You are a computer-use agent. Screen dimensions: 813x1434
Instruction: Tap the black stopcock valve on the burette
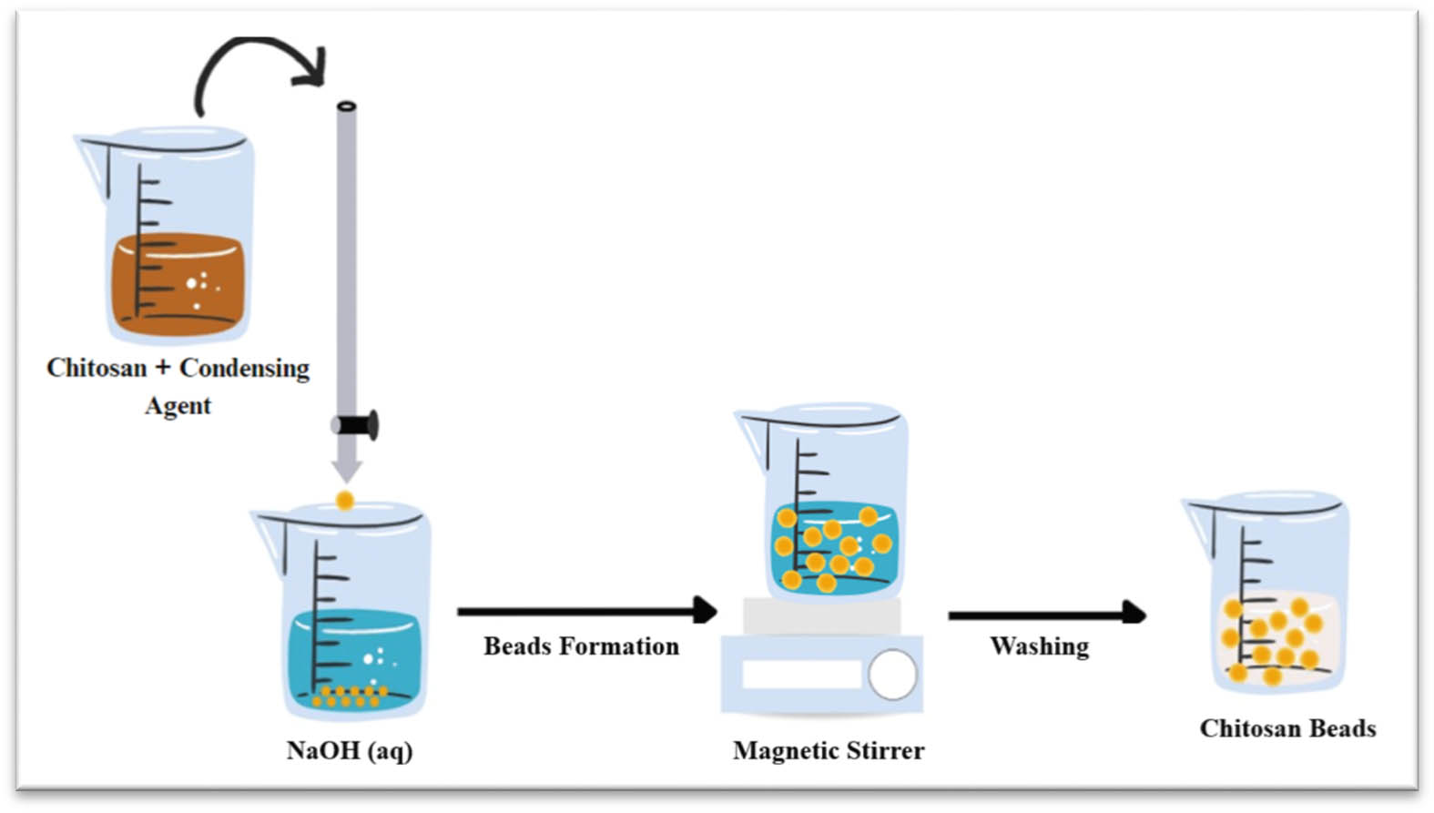click(x=357, y=425)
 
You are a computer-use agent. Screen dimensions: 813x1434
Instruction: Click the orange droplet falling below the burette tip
click(x=344, y=500)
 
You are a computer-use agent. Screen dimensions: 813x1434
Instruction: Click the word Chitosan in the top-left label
click(x=97, y=368)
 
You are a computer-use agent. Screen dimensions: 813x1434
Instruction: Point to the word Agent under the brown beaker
click(x=178, y=405)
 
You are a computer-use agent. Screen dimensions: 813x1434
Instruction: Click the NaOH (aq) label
click(x=350, y=751)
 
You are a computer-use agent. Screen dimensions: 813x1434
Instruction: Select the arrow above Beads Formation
click(x=586, y=611)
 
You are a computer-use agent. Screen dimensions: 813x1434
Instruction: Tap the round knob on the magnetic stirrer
click(x=892, y=675)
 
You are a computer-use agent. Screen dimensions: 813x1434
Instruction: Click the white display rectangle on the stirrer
click(x=801, y=675)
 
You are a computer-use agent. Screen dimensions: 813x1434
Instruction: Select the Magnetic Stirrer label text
click(x=829, y=751)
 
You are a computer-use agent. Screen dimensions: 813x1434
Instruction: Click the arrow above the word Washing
click(x=1046, y=615)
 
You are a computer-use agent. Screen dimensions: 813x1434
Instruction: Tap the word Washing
click(x=1039, y=646)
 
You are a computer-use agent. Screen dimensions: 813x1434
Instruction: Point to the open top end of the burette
click(x=346, y=107)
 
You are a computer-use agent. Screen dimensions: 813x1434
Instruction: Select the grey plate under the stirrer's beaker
click(x=821, y=617)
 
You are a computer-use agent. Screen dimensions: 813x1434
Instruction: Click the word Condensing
click(x=244, y=368)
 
